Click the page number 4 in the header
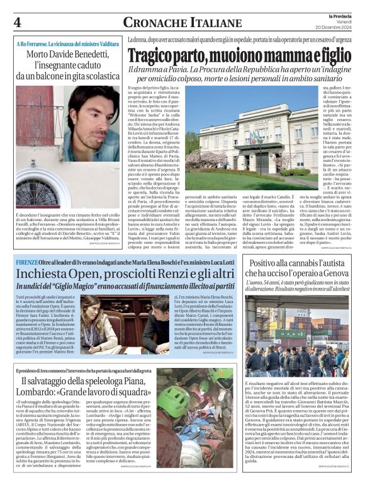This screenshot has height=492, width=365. point(18,22)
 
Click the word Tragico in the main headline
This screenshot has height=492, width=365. point(151,55)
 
